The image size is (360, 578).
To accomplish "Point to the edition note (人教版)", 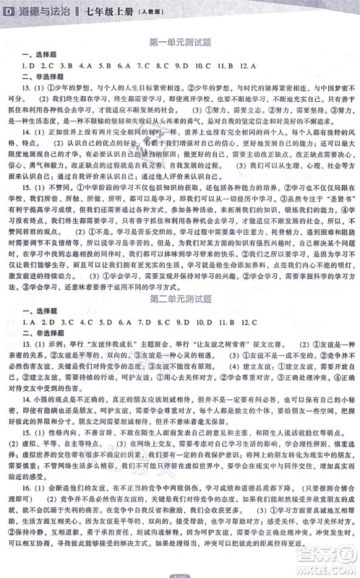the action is (139, 8).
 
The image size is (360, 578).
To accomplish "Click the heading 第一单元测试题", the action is (179, 43).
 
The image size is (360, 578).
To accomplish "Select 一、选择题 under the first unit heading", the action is (35, 55).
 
